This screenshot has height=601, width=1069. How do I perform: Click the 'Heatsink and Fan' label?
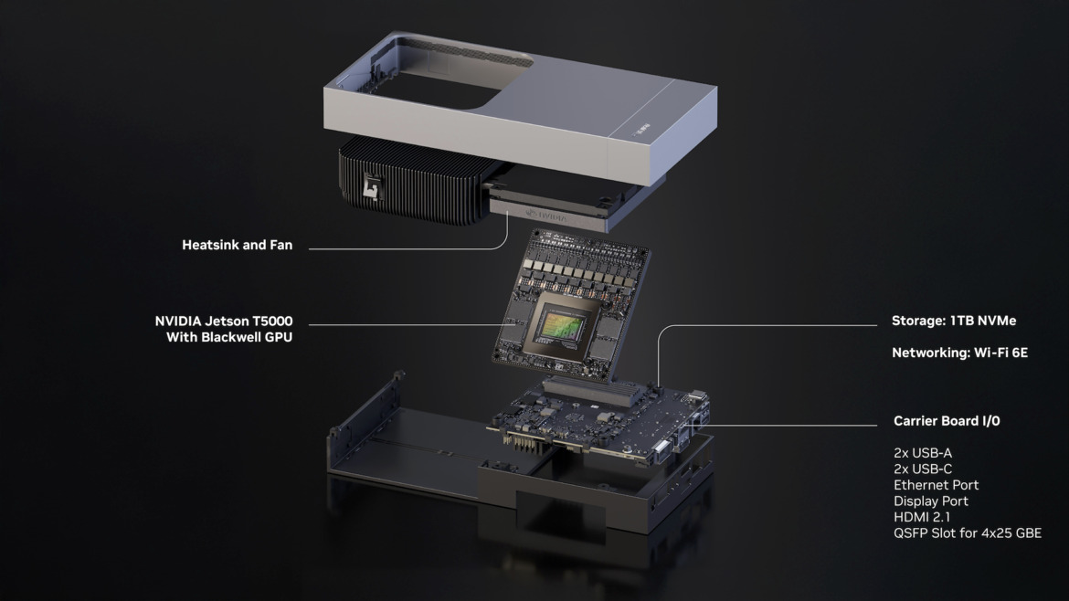tap(237, 245)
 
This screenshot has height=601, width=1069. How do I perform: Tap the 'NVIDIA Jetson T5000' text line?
tap(230, 322)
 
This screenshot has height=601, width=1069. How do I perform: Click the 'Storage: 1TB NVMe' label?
tap(954, 322)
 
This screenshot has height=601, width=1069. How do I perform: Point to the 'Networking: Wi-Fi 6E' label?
tap(959, 352)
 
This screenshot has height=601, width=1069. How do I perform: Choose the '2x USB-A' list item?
tap(923, 453)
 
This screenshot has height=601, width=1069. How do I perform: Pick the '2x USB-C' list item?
tap(923, 469)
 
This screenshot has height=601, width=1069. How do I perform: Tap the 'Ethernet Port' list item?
tap(936, 485)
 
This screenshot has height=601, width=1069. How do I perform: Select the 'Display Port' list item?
tap(930, 501)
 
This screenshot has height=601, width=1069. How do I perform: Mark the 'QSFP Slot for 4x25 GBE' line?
tap(967, 533)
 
